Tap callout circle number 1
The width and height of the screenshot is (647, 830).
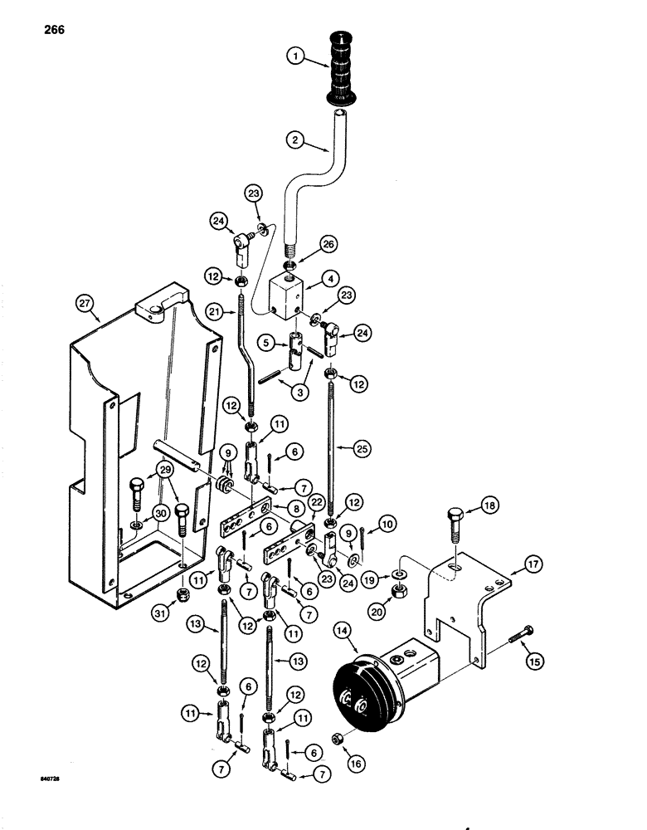(x=291, y=57)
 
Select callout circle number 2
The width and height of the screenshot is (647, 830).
(x=291, y=140)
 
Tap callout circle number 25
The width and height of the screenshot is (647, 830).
(x=362, y=449)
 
